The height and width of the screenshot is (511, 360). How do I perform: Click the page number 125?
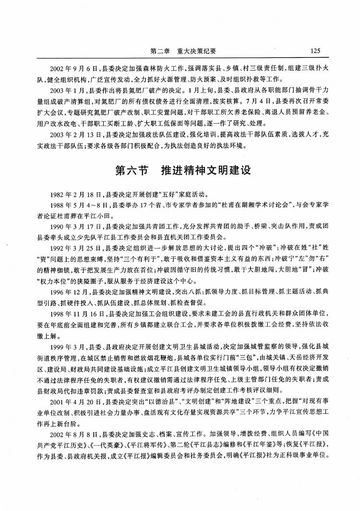315,51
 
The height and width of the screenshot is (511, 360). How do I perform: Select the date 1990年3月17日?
72,225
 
